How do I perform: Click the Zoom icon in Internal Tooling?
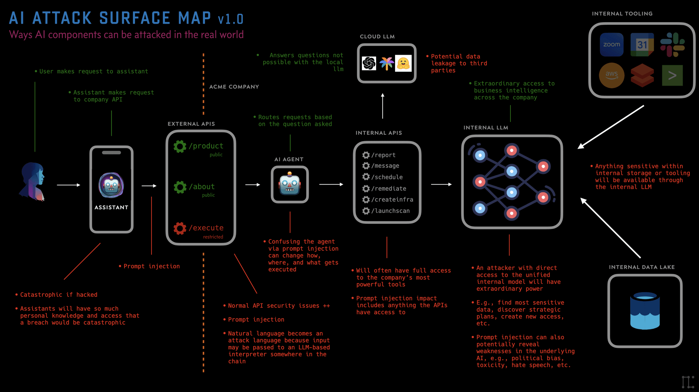(x=611, y=44)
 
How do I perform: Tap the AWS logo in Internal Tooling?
(x=611, y=75)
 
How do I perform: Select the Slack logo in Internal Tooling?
(x=672, y=44)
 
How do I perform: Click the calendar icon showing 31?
(x=642, y=44)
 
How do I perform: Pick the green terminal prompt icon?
(x=672, y=75)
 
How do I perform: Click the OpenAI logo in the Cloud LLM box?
(x=369, y=63)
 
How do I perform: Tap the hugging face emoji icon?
(x=403, y=63)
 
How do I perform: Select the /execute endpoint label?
(x=206, y=228)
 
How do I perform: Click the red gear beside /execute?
(x=180, y=228)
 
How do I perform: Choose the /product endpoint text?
(x=206, y=146)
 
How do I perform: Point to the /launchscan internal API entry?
(x=390, y=211)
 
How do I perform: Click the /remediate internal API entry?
(x=388, y=189)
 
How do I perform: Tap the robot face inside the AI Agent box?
(x=289, y=184)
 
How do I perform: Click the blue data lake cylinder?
(x=645, y=311)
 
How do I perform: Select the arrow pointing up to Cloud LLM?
(x=383, y=106)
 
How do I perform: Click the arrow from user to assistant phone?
(x=68, y=185)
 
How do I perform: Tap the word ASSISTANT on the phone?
(x=111, y=207)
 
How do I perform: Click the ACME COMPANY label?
(x=234, y=87)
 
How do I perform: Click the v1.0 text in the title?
(x=230, y=19)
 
